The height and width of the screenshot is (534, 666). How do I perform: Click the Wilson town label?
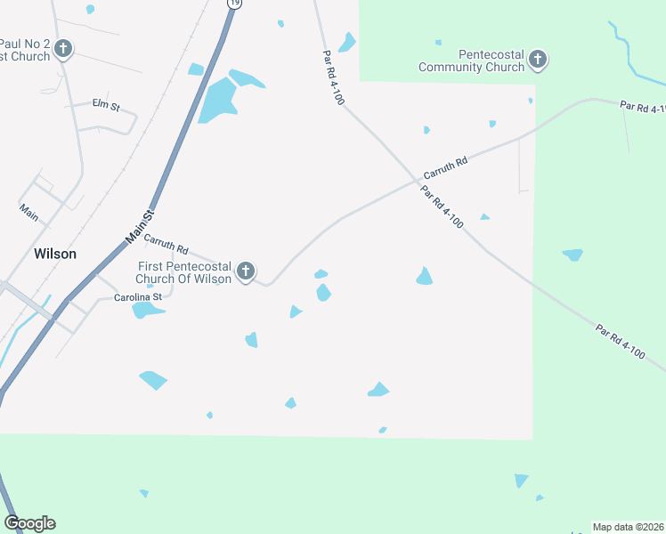click(55, 254)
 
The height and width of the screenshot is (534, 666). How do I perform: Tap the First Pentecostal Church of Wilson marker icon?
click(247, 271)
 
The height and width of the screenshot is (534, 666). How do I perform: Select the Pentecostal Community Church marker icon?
click(537, 60)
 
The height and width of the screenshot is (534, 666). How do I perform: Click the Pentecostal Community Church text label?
click(472, 60)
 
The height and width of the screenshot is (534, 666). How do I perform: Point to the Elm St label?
click(105, 103)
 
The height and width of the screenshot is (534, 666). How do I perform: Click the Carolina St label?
click(138, 297)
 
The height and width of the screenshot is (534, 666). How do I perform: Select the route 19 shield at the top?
click(234, 4)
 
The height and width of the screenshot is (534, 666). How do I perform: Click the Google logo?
click(29, 523)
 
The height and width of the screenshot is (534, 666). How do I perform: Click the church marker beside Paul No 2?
click(62, 48)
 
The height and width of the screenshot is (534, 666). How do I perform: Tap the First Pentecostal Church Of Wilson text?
click(184, 272)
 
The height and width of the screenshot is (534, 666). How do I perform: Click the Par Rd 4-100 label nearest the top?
click(333, 77)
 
